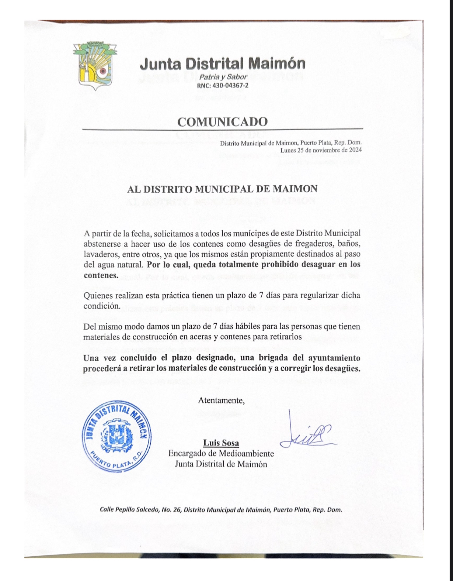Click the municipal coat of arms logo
click(x=94, y=66)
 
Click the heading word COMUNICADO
click(x=222, y=121)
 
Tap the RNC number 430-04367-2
click(x=223, y=86)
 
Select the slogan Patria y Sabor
click(x=223, y=77)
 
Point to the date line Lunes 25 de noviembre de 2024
click(x=321, y=150)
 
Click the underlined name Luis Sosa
click(x=221, y=443)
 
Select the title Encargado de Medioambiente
click(x=221, y=453)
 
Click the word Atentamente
click(x=221, y=400)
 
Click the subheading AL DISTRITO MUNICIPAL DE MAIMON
click(x=222, y=189)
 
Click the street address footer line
click(x=221, y=510)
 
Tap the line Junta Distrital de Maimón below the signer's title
click(x=221, y=464)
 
